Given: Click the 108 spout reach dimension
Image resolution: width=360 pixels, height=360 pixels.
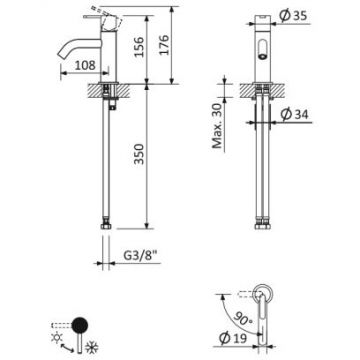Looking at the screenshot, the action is [84, 65].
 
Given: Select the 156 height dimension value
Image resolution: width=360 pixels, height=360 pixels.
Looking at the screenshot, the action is [138, 47].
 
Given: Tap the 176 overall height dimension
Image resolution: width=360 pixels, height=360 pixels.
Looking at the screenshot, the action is [164, 45].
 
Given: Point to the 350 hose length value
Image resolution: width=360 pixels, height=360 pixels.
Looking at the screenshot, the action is [138, 154].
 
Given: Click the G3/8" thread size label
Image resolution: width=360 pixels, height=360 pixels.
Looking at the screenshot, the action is [140, 256].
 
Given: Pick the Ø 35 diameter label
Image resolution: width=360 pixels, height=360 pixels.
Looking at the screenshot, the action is [293, 16].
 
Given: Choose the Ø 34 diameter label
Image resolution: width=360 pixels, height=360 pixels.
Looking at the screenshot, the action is [294, 114].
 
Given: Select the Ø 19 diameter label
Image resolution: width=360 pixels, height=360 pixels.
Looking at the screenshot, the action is [233, 338].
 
